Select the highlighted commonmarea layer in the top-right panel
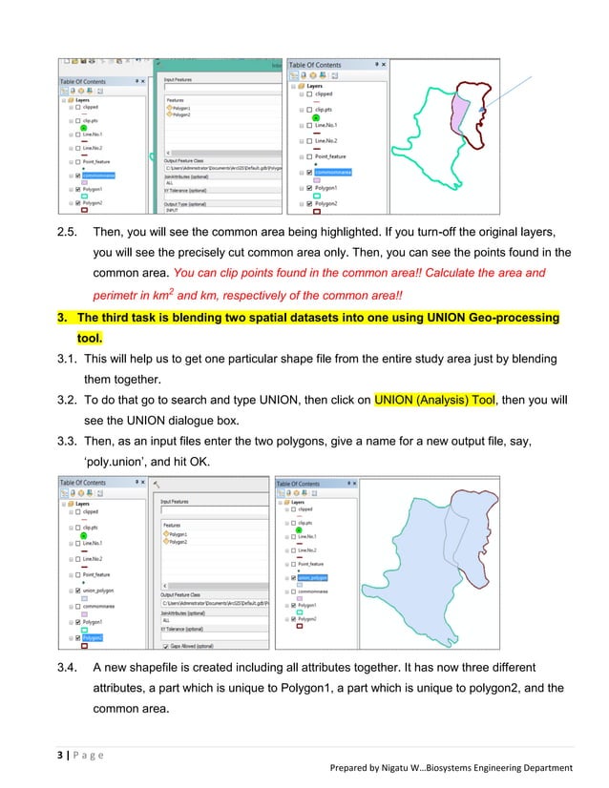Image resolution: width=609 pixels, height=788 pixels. click(335, 172)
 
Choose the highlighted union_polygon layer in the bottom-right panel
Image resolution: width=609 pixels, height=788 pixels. click(314, 577)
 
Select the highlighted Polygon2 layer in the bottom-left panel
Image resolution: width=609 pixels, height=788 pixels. click(96, 636)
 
